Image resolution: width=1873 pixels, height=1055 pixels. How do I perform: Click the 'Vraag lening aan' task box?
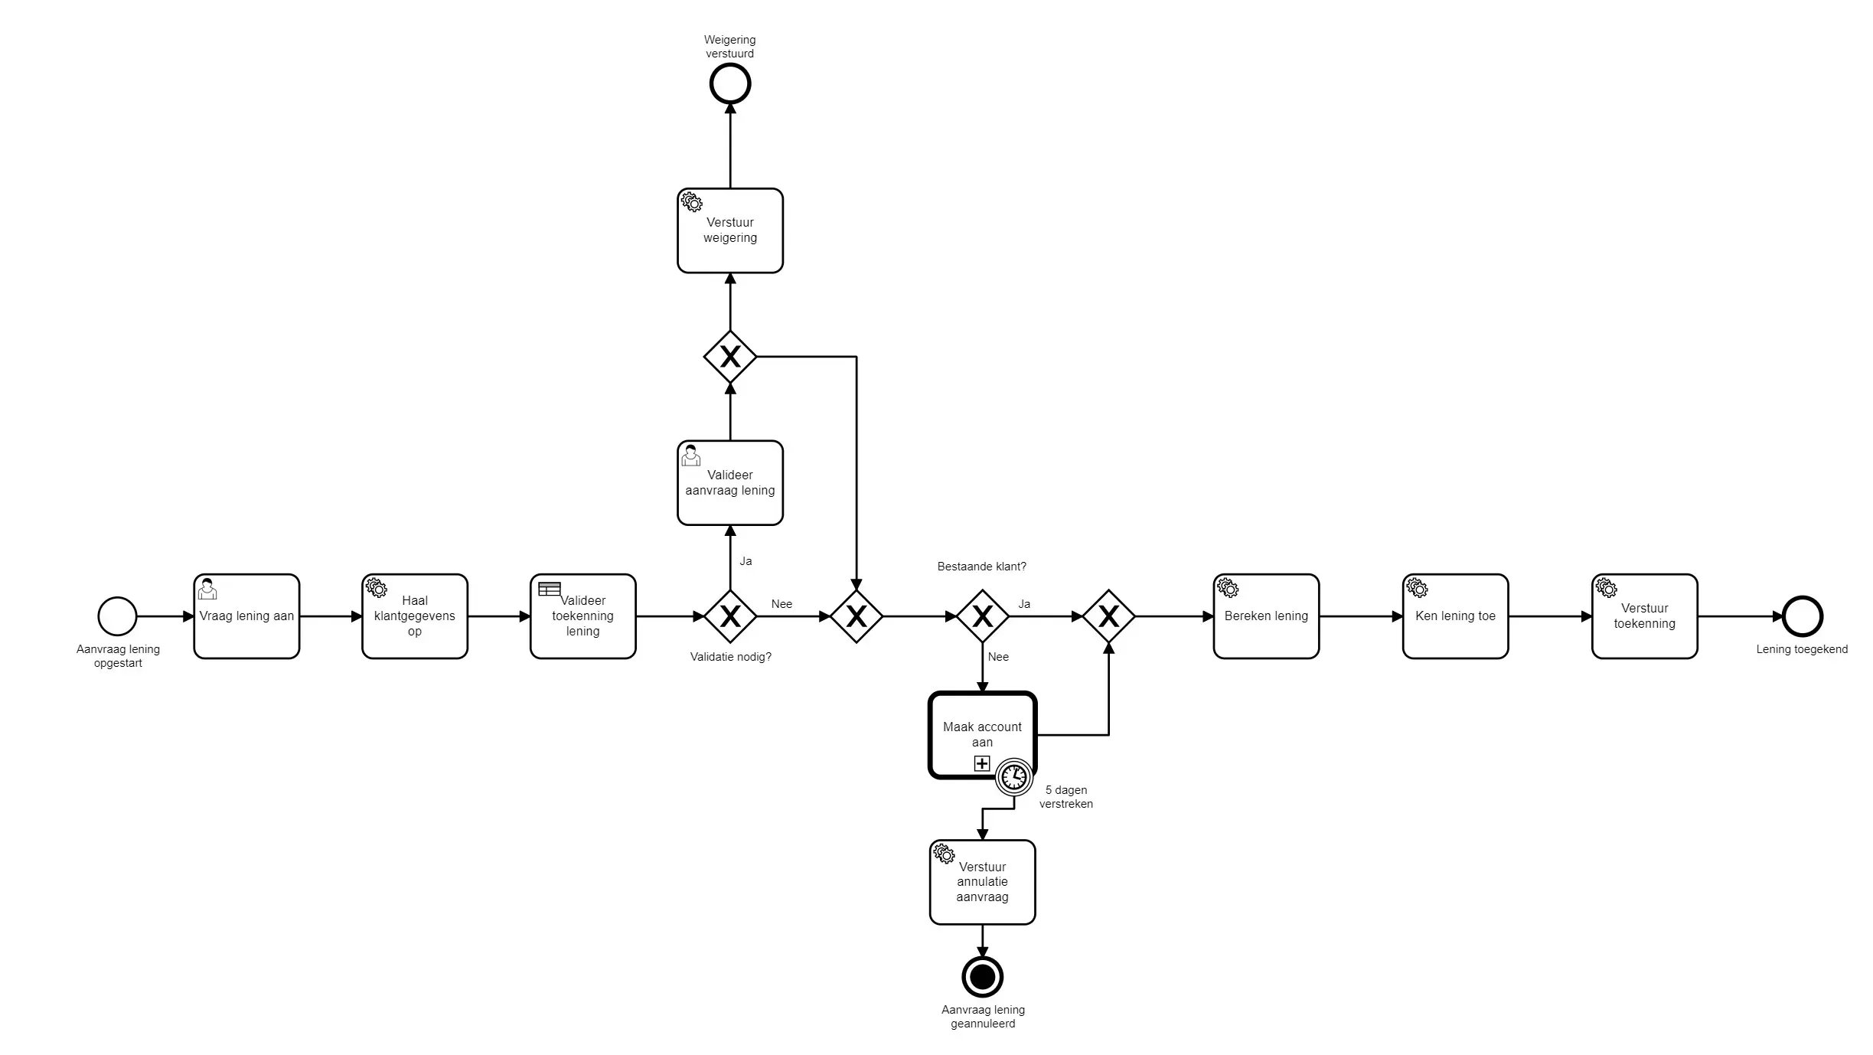[x=246, y=616]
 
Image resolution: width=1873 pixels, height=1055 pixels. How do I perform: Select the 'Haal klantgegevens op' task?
[x=414, y=616]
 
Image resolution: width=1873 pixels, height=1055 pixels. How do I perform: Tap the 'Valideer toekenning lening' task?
[x=582, y=616]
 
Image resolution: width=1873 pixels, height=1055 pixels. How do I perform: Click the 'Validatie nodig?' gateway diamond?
[x=729, y=616]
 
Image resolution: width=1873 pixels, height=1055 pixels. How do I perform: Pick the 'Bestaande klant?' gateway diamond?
[x=982, y=616]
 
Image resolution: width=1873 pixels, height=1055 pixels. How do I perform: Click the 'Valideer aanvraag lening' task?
[x=729, y=482]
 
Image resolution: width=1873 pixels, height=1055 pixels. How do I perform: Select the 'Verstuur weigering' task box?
[x=729, y=230]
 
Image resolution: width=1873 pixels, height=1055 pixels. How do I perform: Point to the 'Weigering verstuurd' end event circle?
[x=729, y=83]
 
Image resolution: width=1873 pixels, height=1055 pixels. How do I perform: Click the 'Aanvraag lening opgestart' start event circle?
[x=117, y=616]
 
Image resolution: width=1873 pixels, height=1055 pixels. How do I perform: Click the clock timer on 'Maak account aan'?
[x=1014, y=777]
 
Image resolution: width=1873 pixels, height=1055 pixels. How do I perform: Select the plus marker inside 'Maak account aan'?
[x=982, y=763]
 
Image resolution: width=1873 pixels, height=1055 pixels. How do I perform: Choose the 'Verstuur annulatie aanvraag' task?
[x=982, y=882]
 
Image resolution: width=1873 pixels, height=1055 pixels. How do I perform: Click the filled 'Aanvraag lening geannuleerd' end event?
[x=982, y=976]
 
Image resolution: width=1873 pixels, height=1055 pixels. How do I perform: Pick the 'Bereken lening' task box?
[x=1266, y=616]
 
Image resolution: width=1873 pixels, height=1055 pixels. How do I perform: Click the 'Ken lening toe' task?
[x=1455, y=616]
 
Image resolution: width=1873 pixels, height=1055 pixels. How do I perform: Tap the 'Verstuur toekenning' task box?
[x=1644, y=616]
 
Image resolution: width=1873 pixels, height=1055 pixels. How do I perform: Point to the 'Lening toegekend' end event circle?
[x=1802, y=616]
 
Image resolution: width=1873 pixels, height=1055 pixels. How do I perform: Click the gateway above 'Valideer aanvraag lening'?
[x=729, y=357]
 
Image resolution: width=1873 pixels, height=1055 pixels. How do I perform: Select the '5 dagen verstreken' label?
[x=1065, y=797]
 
